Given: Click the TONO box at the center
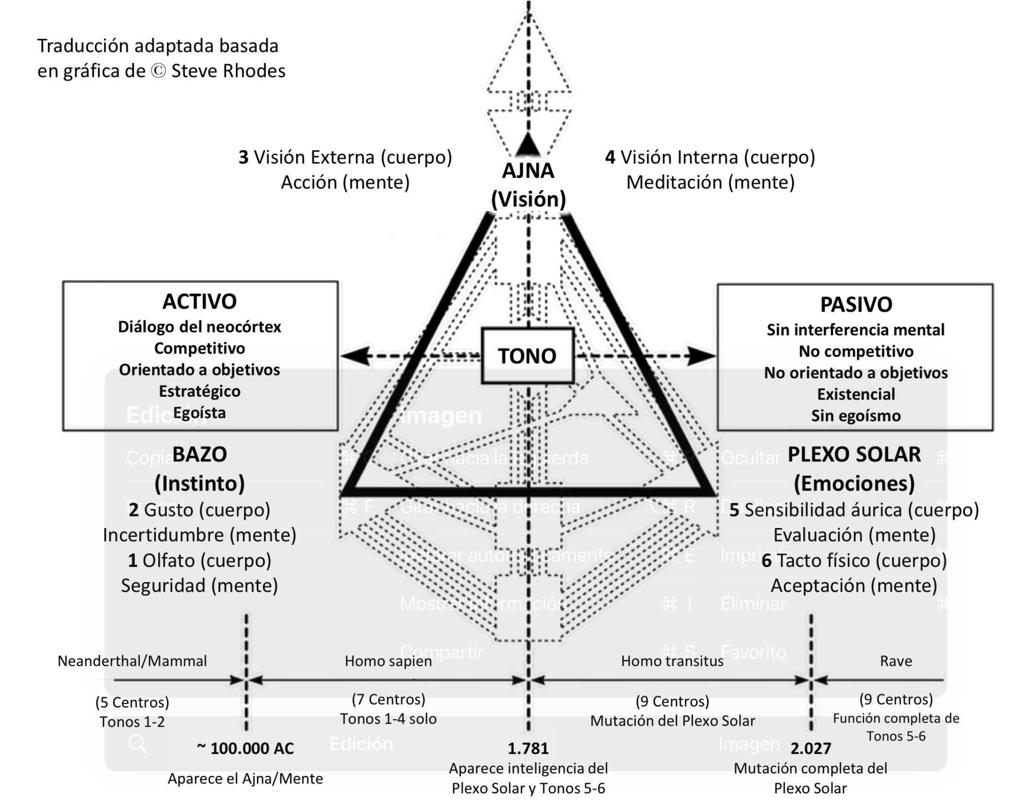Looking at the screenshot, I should pos(527,356).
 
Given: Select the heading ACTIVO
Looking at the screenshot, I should pos(199,302).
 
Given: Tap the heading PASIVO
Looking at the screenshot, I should pos(856,305).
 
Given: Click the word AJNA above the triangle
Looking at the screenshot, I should pos(528,171).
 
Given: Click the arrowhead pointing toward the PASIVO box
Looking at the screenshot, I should pos(702,356).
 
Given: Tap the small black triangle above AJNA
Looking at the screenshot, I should pos(528,143).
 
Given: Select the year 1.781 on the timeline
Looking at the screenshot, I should pos(528,748).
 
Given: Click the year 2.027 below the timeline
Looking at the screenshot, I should pos(811,748).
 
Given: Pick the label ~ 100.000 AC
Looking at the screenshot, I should pos(245,748).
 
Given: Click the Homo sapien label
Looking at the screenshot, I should pos(388,661).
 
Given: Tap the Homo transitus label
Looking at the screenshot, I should pos(672,661).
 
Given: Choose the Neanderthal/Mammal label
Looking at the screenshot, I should pos(132,661).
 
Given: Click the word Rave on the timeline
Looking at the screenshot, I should pos(896,661).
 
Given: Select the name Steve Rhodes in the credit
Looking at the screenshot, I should pos(228,71).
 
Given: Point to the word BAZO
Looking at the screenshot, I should pos(199,454).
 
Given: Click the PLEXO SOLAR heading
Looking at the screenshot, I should pos(854,454).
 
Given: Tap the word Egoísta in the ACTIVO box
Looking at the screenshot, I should pos(199,412).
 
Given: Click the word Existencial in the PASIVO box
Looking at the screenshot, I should pos(856,394).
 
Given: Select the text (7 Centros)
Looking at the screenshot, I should pos(388,699).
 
